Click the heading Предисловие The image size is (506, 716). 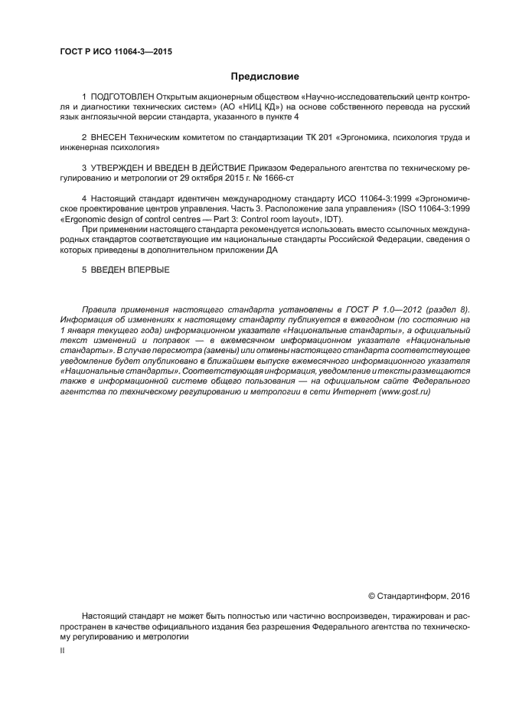[x=265, y=77]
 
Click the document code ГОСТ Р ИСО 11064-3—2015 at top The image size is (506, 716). [x=115, y=52]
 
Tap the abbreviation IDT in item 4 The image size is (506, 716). [x=333, y=220]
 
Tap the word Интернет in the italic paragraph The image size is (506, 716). [x=352, y=391]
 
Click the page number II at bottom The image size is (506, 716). [x=62, y=650]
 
